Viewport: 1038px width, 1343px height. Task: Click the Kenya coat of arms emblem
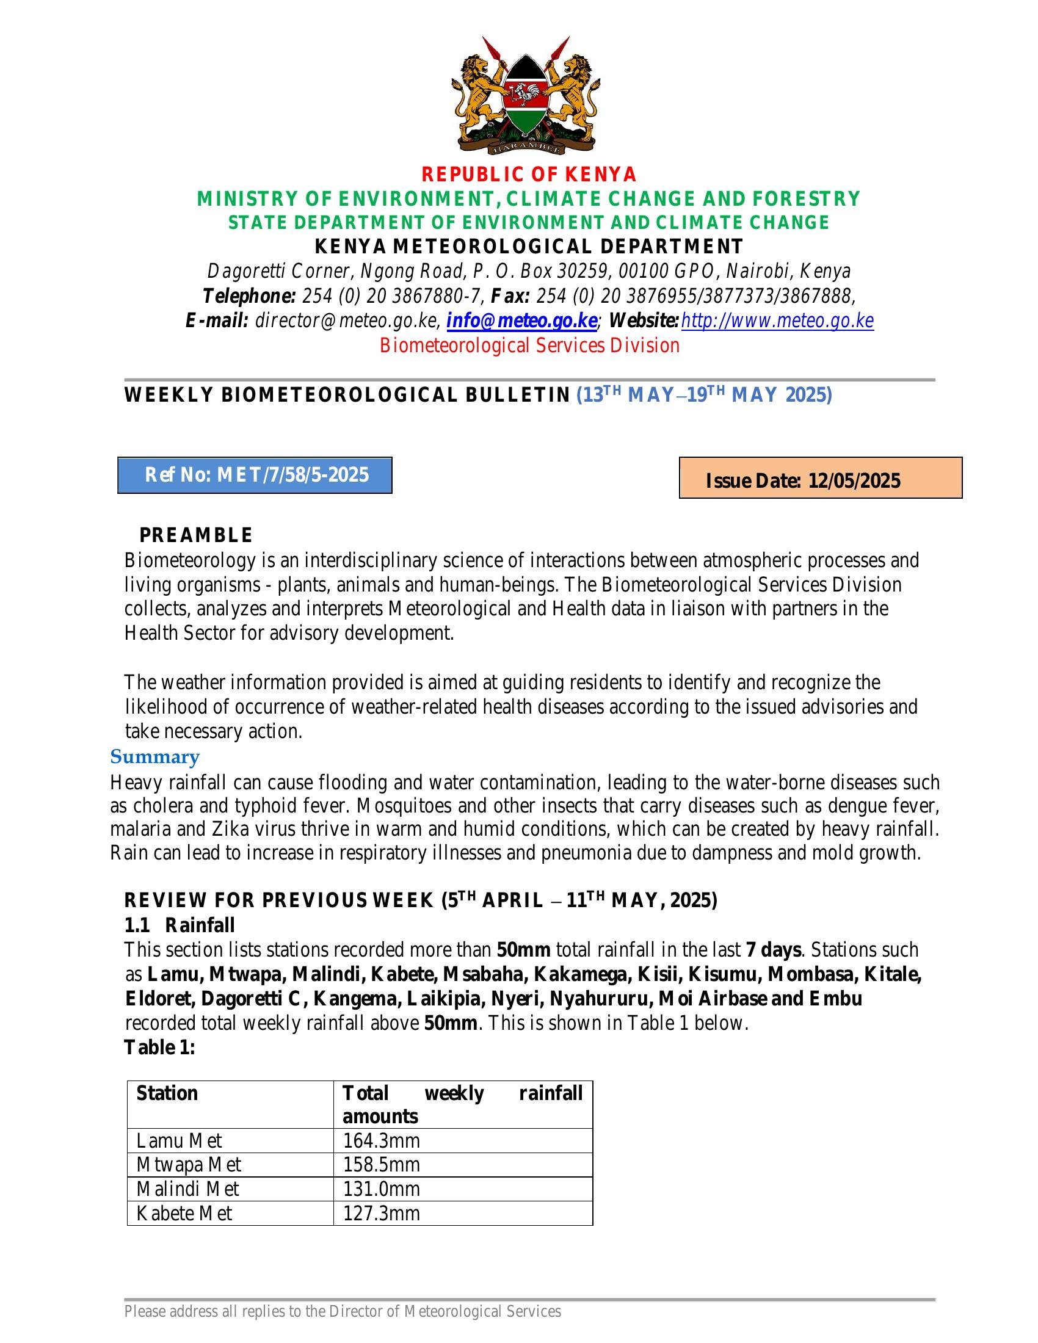pos(526,95)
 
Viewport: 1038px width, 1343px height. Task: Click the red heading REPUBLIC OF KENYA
pos(529,175)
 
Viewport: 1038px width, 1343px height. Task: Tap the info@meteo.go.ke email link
pos(521,321)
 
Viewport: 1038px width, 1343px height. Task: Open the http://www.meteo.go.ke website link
pos(777,321)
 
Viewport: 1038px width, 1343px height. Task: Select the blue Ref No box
pos(255,475)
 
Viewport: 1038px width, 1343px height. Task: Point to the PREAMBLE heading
pos(195,535)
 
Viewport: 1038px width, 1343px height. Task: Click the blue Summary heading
pos(155,756)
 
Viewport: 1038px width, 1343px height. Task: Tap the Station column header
pos(167,1093)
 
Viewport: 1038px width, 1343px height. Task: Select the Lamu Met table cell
pos(179,1141)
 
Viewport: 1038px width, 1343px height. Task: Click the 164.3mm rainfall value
pos(381,1141)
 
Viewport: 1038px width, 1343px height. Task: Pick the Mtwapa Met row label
pos(189,1165)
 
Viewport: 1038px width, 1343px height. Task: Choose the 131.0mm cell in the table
pos(381,1189)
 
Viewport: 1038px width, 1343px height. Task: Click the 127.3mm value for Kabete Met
pos(381,1213)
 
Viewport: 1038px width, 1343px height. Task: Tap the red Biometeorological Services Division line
pos(529,346)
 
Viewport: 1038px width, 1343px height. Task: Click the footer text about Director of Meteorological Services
pos(343,1312)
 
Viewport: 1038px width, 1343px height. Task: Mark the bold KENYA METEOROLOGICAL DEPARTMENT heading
pos(529,247)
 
